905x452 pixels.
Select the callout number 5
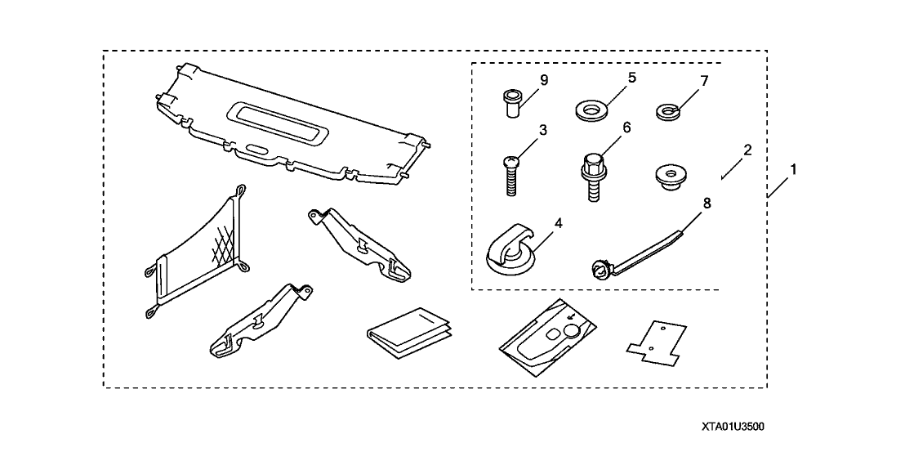click(x=632, y=78)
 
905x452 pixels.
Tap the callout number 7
click(x=703, y=82)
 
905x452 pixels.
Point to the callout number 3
click(x=542, y=131)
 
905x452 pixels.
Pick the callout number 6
click(x=626, y=128)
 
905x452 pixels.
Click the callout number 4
click(x=558, y=224)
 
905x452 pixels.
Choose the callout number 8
click(x=707, y=204)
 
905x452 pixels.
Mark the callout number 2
click(x=747, y=150)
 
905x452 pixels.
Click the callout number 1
click(x=794, y=170)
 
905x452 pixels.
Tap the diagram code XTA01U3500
click(x=732, y=427)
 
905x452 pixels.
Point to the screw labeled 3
click(x=510, y=176)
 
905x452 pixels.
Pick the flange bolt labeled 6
click(x=592, y=176)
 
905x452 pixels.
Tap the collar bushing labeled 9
click(x=511, y=103)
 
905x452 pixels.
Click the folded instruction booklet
click(x=410, y=333)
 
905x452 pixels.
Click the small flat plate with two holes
click(x=657, y=343)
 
